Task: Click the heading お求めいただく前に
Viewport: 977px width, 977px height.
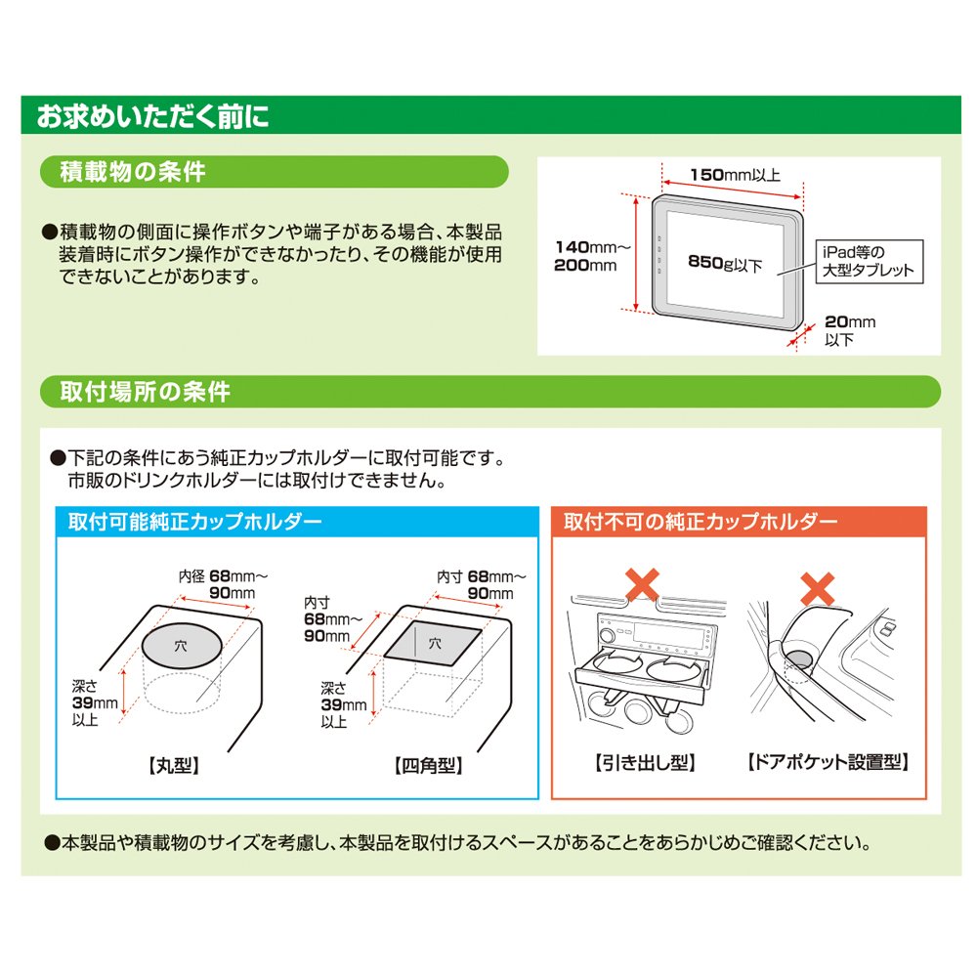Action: pos(152,116)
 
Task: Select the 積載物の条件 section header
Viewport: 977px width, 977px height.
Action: pos(133,172)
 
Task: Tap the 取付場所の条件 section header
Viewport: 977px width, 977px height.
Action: pos(146,392)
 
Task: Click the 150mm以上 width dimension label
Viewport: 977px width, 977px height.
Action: pos(736,175)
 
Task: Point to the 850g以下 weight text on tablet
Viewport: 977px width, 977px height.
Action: pos(725,264)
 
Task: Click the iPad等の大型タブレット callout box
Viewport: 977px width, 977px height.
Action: pos(870,262)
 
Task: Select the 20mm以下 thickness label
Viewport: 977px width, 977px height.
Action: pos(850,331)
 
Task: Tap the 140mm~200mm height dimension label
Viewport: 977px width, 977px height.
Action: pos(592,256)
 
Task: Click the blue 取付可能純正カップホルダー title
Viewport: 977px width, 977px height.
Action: pos(195,522)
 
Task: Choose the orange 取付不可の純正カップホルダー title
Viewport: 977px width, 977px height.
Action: pos(701,522)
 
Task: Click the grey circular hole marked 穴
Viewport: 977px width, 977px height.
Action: pos(182,646)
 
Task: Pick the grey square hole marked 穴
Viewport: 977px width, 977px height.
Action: pos(433,643)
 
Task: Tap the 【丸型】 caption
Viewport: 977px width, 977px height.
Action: pos(174,766)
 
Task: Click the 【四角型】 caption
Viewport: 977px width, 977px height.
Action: pos(429,766)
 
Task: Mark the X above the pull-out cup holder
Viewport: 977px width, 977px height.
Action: pos(642,584)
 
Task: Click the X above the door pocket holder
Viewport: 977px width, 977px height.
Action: pos(818,589)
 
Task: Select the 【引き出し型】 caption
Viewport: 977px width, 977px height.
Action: pos(645,763)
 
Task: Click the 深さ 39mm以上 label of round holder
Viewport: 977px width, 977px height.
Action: pos(95,703)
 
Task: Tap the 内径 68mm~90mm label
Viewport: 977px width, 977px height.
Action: pos(223,584)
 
